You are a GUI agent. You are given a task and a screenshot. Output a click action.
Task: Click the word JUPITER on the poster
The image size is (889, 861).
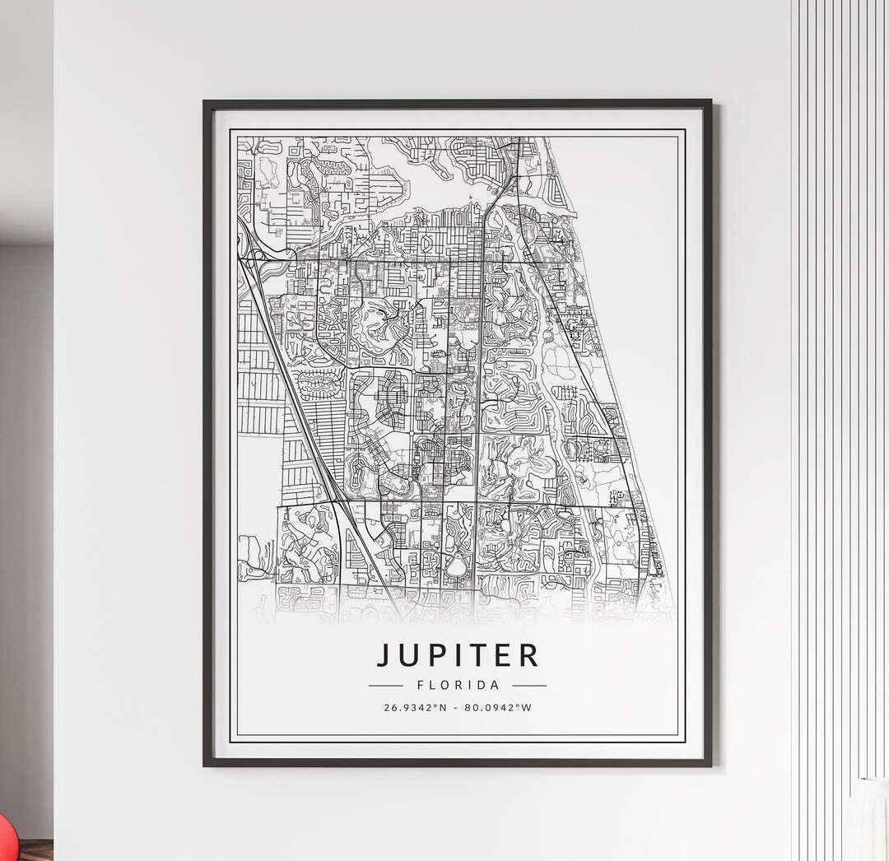458,655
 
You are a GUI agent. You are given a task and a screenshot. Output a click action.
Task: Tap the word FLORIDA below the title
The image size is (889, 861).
458,685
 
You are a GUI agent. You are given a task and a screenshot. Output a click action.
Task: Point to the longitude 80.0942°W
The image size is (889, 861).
499,708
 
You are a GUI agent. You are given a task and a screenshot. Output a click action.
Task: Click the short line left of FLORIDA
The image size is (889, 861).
385,685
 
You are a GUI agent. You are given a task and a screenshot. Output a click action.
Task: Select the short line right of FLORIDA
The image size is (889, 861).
529,685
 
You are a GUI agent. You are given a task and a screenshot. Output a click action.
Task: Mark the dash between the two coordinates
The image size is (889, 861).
457,708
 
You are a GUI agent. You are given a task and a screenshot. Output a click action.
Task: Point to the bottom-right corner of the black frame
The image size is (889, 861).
710,765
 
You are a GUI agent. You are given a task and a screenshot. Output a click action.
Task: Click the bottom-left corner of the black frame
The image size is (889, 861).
206,765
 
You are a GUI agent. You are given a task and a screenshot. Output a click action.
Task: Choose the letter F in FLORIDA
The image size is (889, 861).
421,685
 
